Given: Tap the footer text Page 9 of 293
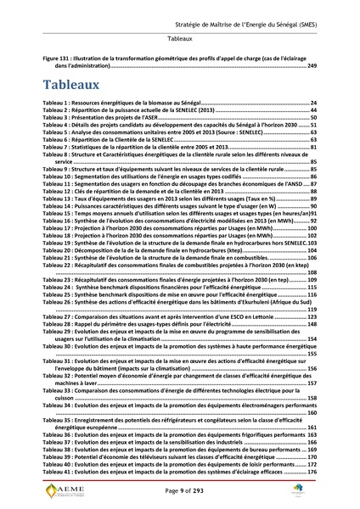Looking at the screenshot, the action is (x=179, y=492).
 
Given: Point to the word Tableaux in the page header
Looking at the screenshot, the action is (x=179, y=39).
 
